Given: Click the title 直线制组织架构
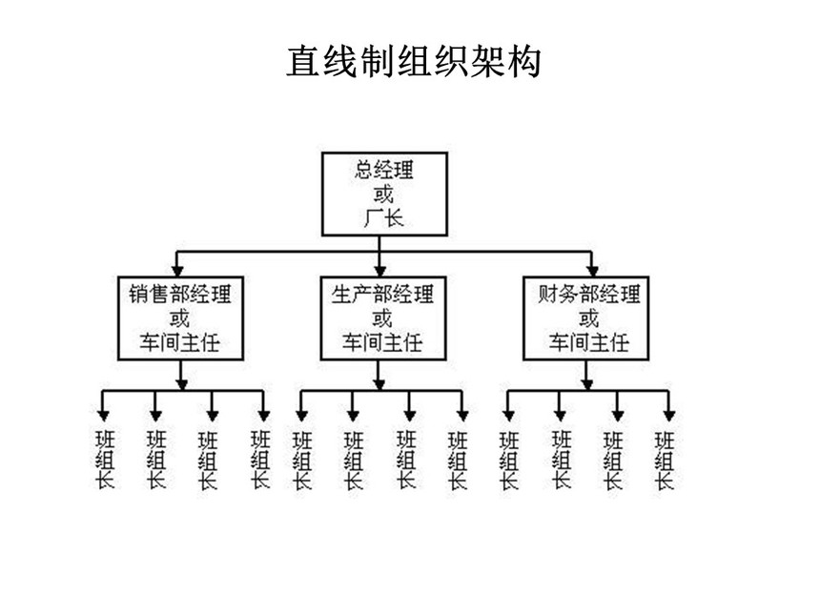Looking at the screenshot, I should coord(414,62).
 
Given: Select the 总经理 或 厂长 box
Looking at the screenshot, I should coord(382,195).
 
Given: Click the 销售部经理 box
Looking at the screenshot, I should coord(179,318).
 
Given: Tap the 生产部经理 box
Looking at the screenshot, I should coord(381,318).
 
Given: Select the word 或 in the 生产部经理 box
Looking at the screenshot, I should coord(382,318).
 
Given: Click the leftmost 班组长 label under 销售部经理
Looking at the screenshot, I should coord(105,460).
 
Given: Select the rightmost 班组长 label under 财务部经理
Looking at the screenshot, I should coord(665,460).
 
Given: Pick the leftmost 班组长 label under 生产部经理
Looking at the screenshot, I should coord(301,460).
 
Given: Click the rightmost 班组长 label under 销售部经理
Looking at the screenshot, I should coord(260,460).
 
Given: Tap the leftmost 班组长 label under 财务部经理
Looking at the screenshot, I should coord(508,460).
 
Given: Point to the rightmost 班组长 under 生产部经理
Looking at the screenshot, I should coord(459,460).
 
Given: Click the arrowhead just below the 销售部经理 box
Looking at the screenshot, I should coord(181,381).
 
